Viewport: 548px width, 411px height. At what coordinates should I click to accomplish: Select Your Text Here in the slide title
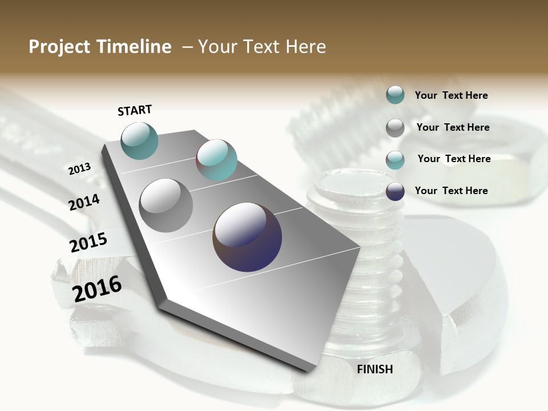point(262,47)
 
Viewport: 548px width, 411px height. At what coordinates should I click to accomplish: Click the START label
point(135,110)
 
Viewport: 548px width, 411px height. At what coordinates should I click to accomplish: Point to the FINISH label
point(374,369)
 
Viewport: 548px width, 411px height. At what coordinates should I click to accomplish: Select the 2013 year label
point(79,169)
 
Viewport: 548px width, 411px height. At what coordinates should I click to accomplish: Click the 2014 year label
point(84,202)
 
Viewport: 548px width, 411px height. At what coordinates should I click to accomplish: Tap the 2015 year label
point(88,243)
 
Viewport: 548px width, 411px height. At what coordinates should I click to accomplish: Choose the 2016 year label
point(97,289)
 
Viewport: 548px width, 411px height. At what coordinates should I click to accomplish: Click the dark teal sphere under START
point(139,140)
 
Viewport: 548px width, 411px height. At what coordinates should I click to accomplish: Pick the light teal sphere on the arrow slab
point(216,160)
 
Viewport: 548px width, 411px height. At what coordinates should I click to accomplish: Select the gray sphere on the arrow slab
point(166,205)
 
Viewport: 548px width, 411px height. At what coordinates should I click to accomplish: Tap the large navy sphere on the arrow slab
point(247,237)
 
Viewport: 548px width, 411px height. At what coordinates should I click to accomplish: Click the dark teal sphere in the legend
point(395,95)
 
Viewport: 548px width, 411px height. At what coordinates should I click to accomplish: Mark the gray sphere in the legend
point(395,128)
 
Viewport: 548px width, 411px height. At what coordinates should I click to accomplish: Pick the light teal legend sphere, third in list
point(395,160)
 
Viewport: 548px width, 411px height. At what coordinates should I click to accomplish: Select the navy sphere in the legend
point(395,191)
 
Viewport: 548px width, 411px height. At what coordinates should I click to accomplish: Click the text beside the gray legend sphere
point(453,127)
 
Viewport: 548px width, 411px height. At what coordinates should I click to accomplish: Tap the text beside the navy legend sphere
point(451,191)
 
